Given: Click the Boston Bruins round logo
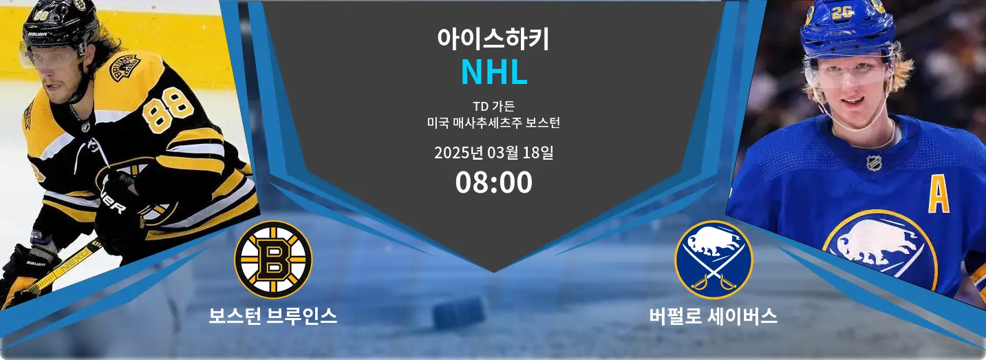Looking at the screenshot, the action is click(x=273, y=260).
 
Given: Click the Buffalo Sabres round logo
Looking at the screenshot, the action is click(x=714, y=260).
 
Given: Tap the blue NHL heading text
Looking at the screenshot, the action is click(x=494, y=72).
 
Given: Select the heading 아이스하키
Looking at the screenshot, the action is click(x=493, y=39).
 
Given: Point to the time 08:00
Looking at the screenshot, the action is click(x=493, y=182).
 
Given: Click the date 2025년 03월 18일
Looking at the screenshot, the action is click(x=493, y=153).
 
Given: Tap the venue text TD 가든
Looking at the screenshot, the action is click(x=493, y=106).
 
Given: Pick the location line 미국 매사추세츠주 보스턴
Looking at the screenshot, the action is click(x=493, y=123).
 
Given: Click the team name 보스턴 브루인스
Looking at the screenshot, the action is click(x=273, y=315).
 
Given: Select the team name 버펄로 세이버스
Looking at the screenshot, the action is click(x=713, y=315).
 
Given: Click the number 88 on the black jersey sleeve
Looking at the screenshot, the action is click(x=169, y=110).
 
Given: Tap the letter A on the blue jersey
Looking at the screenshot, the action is click(x=939, y=197).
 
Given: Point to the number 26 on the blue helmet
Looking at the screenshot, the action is click(x=842, y=12).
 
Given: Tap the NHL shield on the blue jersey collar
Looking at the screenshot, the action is click(x=874, y=163).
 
